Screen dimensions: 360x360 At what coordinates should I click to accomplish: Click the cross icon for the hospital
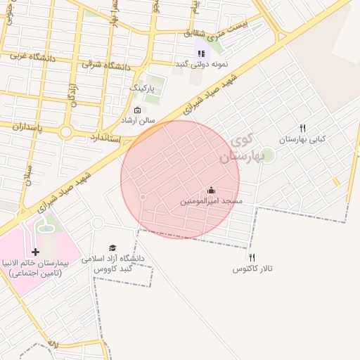[x=35, y=251]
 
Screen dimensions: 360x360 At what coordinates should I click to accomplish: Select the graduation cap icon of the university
[x=112, y=247]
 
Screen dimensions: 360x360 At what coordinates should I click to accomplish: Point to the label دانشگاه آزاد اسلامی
[x=113, y=259]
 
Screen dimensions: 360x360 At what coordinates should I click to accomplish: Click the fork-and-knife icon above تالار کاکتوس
[x=252, y=258]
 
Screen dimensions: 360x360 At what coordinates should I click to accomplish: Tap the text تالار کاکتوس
[x=252, y=269]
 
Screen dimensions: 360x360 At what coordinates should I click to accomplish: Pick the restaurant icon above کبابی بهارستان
[x=303, y=129]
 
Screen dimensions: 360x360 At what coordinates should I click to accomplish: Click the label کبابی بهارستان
[x=303, y=140]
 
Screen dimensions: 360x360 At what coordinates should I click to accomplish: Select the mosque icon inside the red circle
[x=211, y=190]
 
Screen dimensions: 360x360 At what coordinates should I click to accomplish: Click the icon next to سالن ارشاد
[x=137, y=110]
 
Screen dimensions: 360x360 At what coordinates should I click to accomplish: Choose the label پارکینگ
[x=141, y=88]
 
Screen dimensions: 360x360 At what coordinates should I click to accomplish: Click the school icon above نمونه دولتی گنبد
[x=201, y=53]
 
